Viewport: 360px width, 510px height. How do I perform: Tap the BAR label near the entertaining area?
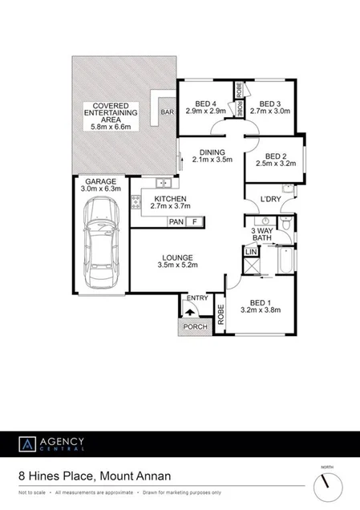click(168, 112)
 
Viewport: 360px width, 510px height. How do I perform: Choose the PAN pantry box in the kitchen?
click(176, 221)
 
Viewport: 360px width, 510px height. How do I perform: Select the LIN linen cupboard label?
click(250, 253)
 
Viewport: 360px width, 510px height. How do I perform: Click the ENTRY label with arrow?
click(196, 299)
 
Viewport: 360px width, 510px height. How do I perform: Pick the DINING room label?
click(212, 152)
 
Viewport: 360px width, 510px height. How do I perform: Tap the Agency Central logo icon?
click(27, 443)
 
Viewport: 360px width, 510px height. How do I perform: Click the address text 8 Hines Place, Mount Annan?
click(95, 476)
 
